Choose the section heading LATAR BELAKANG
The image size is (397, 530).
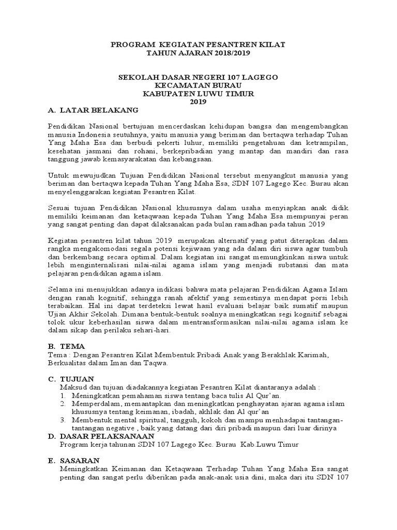point(99,111)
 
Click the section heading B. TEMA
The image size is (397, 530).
point(66,346)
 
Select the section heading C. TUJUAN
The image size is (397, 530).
point(72,379)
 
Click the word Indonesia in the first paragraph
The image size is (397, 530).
point(94,135)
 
